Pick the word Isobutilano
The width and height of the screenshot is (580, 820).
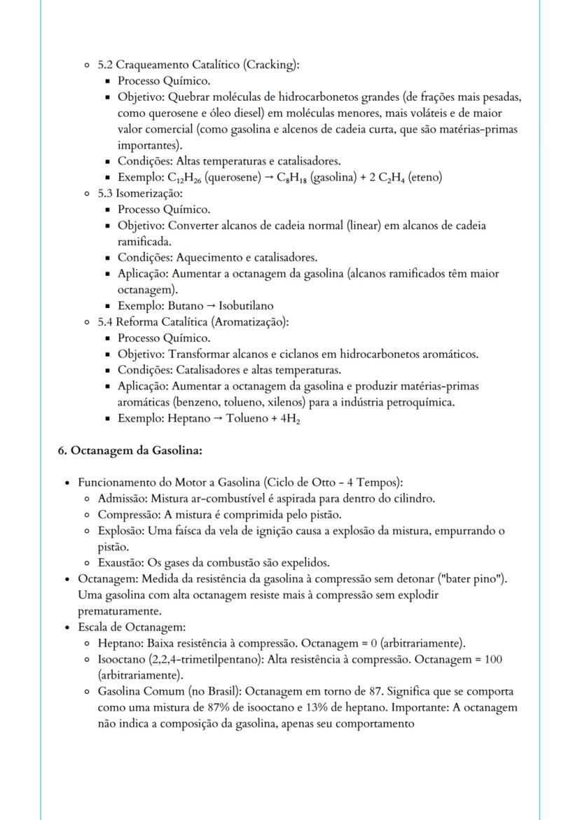tap(246, 306)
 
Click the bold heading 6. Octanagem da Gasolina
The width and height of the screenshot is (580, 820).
tap(130, 450)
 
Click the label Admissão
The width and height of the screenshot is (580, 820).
tap(123, 499)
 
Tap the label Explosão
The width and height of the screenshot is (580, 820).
tap(120, 531)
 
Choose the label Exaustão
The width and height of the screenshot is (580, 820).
tap(121, 562)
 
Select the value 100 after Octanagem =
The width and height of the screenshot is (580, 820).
tap(493, 660)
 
